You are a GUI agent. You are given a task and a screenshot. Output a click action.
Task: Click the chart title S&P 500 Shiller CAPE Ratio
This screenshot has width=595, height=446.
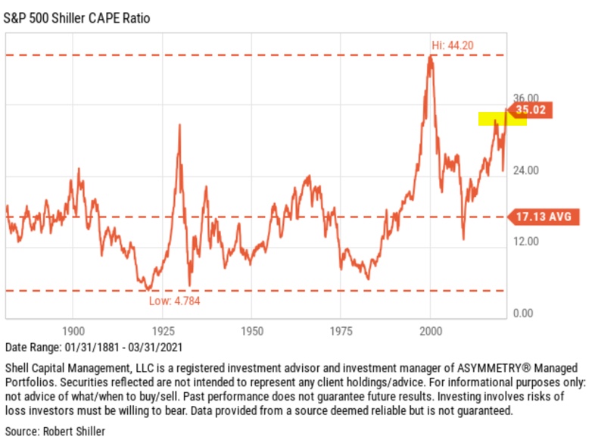(76, 17)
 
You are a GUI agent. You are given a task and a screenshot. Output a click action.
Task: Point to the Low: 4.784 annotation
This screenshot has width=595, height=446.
(175, 301)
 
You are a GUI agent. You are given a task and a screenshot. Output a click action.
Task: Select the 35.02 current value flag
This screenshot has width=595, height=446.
(530, 111)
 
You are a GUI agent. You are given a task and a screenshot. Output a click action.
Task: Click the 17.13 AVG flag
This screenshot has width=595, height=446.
(543, 217)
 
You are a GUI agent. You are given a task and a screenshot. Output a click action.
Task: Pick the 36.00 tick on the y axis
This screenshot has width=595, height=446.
(526, 98)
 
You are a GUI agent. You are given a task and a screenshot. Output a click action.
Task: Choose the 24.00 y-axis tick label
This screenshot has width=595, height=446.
(526, 170)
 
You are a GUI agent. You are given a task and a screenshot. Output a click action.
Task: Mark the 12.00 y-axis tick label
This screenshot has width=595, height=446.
(526, 242)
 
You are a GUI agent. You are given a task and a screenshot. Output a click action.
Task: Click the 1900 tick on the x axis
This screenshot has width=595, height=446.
(73, 332)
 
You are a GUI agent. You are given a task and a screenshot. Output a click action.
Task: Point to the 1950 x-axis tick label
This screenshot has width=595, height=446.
(251, 332)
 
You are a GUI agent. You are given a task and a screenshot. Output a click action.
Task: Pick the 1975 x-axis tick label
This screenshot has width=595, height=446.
(341, 332)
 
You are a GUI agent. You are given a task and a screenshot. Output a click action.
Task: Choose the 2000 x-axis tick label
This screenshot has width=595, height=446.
(431, 332)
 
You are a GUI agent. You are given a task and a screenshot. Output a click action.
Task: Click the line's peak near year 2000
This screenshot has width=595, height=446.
(431, 57)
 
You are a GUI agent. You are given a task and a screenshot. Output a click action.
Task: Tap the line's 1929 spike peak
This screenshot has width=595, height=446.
(179, 125)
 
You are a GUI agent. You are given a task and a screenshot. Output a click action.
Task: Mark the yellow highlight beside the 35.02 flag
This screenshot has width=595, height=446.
(492, 119)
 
